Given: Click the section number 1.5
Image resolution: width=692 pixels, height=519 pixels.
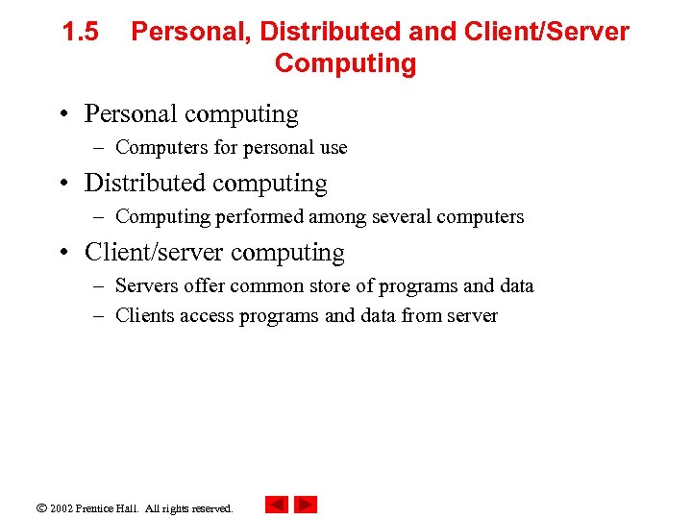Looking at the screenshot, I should [80, 33].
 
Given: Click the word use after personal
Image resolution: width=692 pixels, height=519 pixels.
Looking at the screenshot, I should [332, 148].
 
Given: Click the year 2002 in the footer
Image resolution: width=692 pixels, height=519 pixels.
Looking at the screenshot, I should [61, 507].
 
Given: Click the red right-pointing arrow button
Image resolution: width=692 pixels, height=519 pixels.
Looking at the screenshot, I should [306, 505].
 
